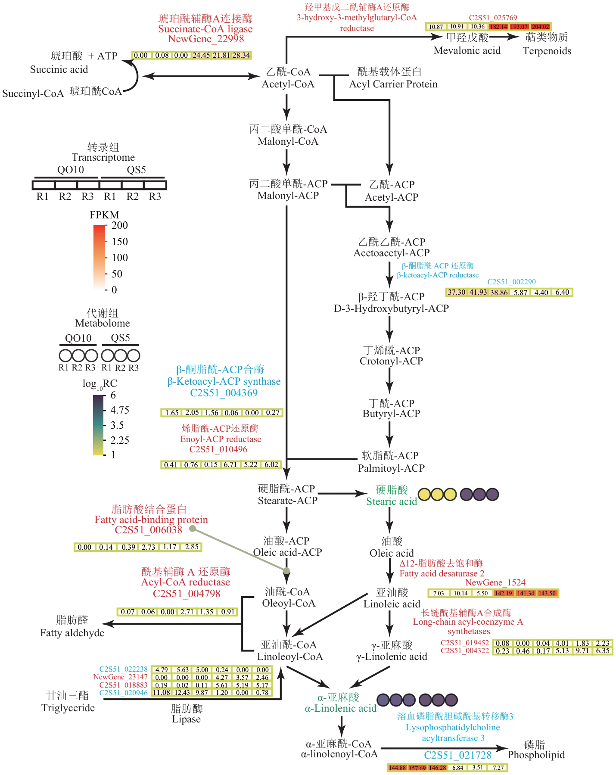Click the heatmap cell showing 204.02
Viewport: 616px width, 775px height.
click(540, 27)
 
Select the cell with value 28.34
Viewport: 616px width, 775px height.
click(241, 55)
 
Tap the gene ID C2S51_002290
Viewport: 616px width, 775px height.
click(511, 282)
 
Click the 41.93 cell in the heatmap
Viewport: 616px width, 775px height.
click(478, 292)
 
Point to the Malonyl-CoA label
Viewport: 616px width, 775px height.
click(288, 141)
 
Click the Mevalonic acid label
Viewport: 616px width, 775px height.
click(467, 50)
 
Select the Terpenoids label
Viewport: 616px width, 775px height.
click(547, 51)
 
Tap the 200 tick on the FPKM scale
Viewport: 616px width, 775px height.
click(119, 225)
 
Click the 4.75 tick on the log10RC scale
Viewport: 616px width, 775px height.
click(119, 410)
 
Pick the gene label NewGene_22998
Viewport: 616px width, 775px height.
click(206, 39)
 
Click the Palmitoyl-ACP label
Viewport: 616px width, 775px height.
click(391, 468)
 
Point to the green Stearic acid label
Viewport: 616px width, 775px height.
click(391, 501)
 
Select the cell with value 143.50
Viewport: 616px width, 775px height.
click(547, 593)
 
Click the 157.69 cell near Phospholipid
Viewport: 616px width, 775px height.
click(417, 768)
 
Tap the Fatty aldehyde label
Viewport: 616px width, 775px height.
click(72, 633)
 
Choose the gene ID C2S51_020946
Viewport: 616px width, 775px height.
click(123, 693)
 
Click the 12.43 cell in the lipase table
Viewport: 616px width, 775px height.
click(182, 693)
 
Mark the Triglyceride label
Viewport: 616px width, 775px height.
click(68, 708)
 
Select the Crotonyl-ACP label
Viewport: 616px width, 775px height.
click(391, 361)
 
